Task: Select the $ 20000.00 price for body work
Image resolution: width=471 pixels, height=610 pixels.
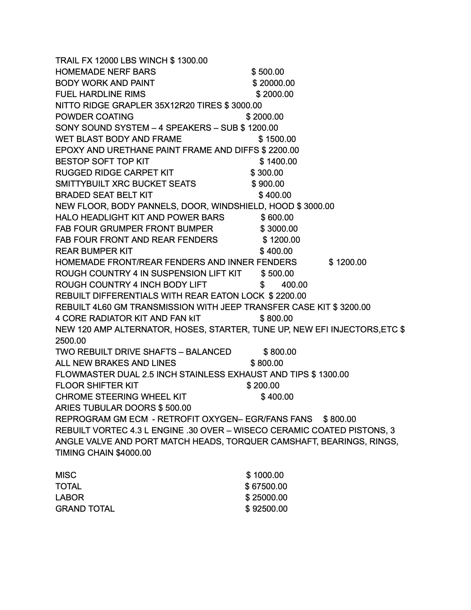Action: pyautogui.click(x=274, y=83)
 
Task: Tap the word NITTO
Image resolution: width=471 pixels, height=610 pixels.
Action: pyautogui.click(x=67, y=105)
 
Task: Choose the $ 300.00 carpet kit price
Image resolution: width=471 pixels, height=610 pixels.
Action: pyautogui.click(x=267, y=173)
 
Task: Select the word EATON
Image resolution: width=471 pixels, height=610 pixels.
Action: pyautogui.click(x=235, y=296)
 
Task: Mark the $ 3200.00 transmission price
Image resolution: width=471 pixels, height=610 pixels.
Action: pyautogui.click(x=352, y=307)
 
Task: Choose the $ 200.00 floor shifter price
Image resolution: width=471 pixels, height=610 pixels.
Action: pyautogui.click(x=263, y=385)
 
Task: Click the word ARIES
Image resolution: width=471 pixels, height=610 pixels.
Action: pyautogui.click(x=66, y=408)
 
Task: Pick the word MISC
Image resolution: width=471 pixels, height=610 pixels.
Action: pyautogui.click(x=66, y=475)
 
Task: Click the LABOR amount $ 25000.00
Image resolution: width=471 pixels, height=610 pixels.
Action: pyautogui.click(x=266, y=497)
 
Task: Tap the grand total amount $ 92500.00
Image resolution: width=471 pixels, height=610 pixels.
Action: pyautogui.click(x=266, y=509)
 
